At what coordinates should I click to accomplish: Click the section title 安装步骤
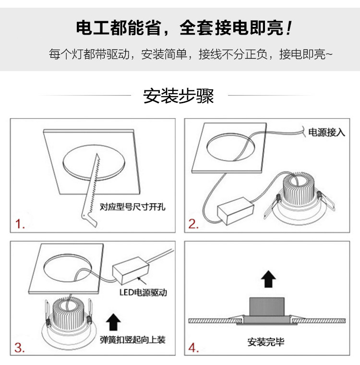(x=179, y=96)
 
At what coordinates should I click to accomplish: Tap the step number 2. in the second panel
(x=193, y=224)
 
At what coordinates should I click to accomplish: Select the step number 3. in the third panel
(x=20, y=347)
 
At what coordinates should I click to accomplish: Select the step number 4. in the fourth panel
(x=193, y=348)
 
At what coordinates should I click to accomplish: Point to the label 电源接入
(x=326, y=132)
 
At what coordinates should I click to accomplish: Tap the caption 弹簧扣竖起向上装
(x=132, y=340)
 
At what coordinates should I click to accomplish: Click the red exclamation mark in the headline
(x=288, y=28)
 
